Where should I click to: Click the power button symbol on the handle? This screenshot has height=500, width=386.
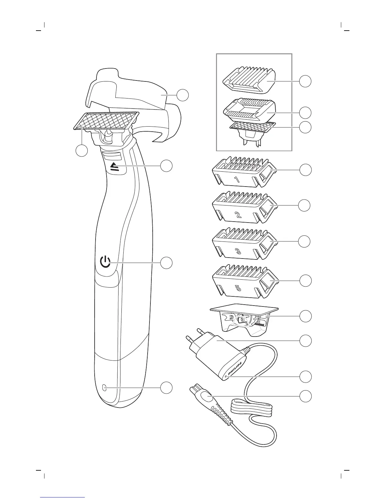[105, 262]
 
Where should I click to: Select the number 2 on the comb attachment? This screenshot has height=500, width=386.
[238, 216]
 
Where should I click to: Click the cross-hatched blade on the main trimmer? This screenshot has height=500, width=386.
[107, 121]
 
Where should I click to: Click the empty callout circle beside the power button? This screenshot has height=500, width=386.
[167, 263]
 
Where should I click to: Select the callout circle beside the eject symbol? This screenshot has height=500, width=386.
[167, 166]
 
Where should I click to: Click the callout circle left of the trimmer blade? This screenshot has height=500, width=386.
[82, 150]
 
